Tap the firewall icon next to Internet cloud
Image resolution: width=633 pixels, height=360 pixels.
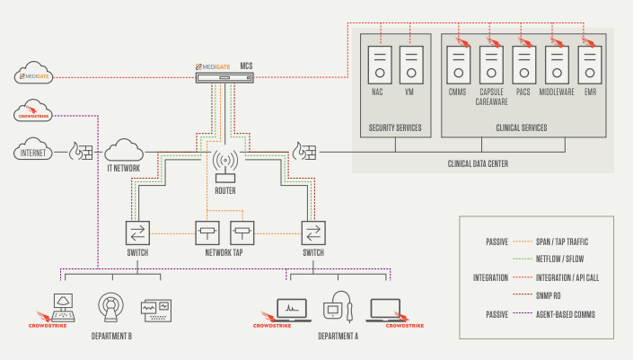coord(83,153)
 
